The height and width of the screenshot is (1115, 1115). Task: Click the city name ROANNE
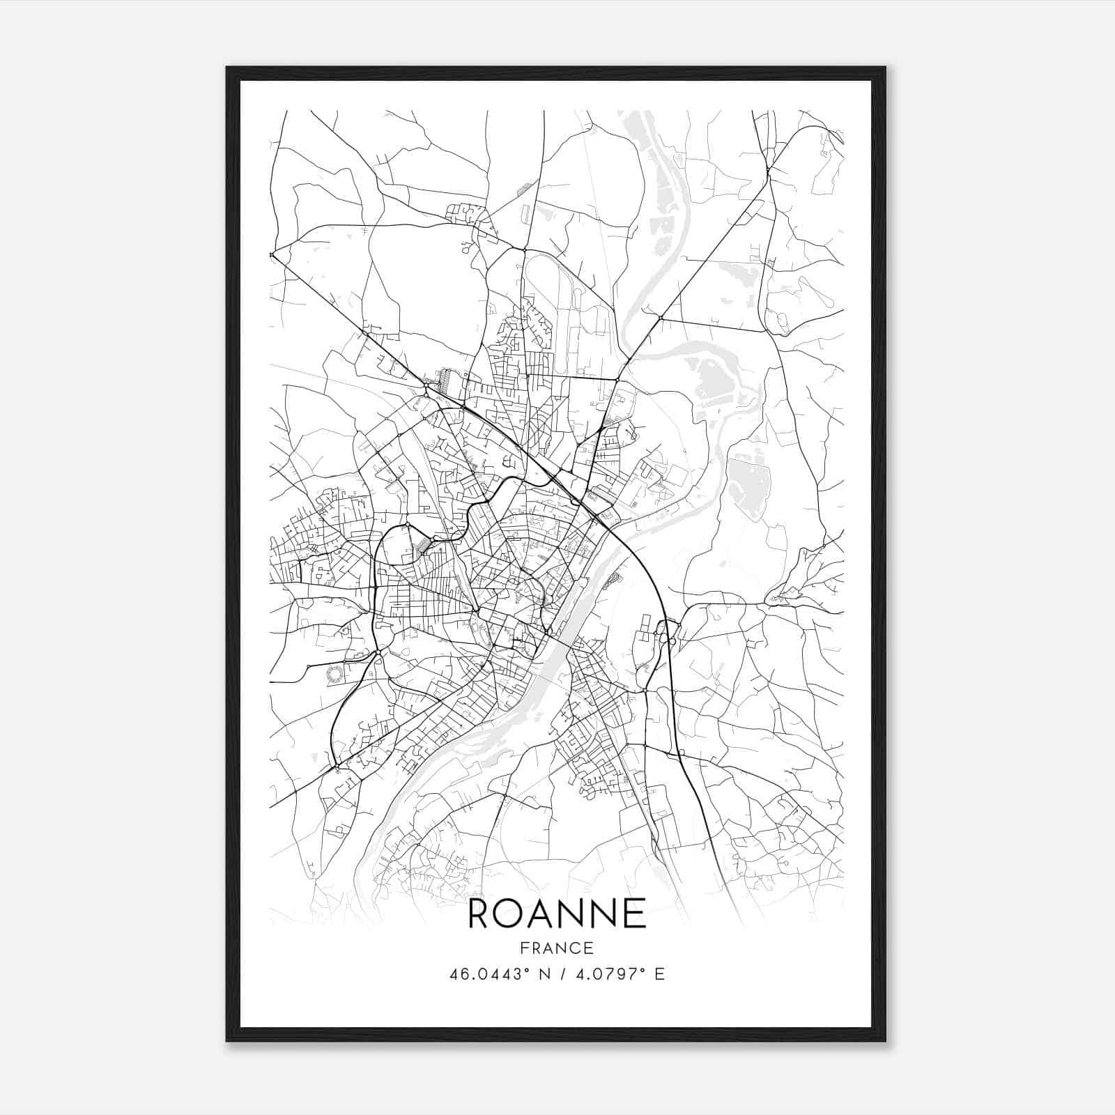[x=557, y=914]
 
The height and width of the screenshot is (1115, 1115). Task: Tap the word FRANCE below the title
[x=557, y=948]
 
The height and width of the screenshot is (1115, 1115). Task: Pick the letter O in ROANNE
[x=508, y=914]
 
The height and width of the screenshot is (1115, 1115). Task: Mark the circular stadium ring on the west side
[x=334, y=673]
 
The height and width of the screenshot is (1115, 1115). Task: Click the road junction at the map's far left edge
[x=272, y=255]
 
